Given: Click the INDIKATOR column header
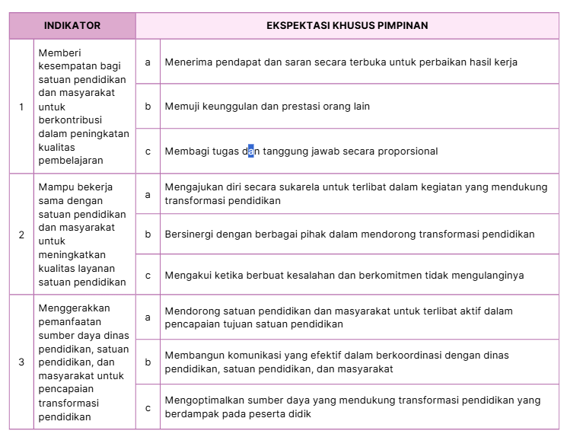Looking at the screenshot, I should pyautogui.click(x=72, y=25).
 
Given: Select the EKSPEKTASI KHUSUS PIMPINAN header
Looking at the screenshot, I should pyautogui.click(x=347, y=25).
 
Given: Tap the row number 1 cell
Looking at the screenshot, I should pyautogui.click(x=21, y=107).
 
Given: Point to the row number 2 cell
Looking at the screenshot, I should pyautogui.click(x=21, y=235).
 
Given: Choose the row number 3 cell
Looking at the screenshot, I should pyautogui.click(x=21, y=362).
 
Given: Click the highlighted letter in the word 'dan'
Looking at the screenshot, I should pyautogui.click(x=251, y=151).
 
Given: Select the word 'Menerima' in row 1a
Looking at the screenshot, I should pyautogui.click(x=187, y=62).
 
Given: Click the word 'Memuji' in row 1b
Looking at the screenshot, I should pyautogui.click(x=181, y=107).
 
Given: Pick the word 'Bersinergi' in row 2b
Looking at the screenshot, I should pyautogui.click(x=189, y=235).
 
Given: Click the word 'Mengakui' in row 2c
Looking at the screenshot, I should pyautogui.click(x=186, y=275).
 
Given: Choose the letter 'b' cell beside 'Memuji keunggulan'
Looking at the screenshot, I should pyautogui.click(x=148, y=107).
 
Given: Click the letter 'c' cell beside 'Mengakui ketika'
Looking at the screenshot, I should pyautogui.click(x=148, y=275).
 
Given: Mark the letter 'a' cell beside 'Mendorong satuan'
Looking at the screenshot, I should pyautogui.click(x=148, y=317).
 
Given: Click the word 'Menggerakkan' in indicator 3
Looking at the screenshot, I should pyautogui.click(x=74, y=308).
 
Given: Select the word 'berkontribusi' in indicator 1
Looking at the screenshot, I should pyautogui.click(x=69, y=120).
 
